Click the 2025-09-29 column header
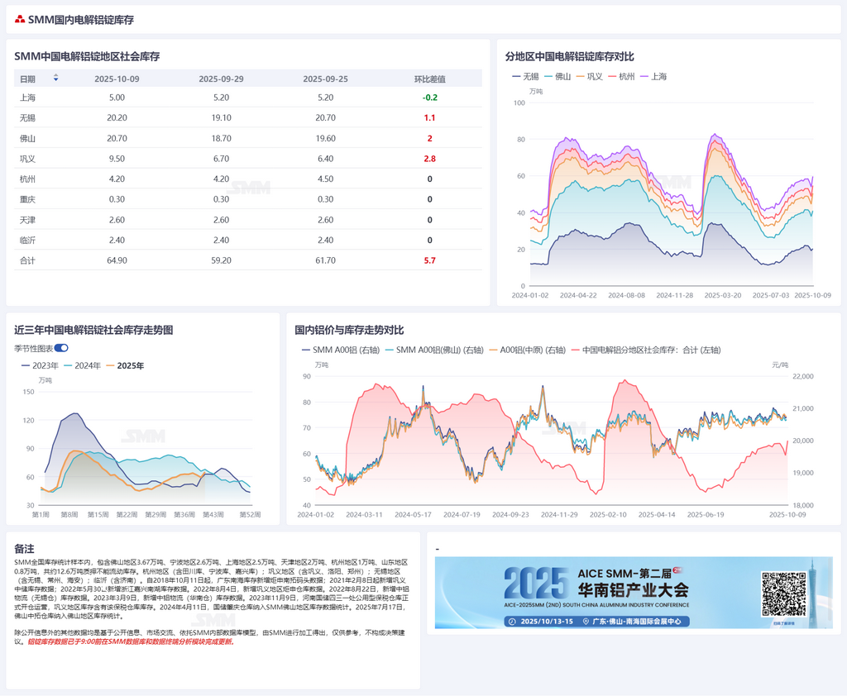point(221,79)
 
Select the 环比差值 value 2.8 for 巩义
point(430,159)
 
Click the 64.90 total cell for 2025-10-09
point(117,260)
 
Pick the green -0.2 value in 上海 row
point(430,98)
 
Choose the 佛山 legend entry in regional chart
point(562,77)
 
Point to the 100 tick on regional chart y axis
point(519,102)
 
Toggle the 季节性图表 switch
point(61,349)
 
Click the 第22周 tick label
point(127,515)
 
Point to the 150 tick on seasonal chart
point(29,392)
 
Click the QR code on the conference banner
point(783,593)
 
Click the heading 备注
point(24,549)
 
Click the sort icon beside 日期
point(55,79)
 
